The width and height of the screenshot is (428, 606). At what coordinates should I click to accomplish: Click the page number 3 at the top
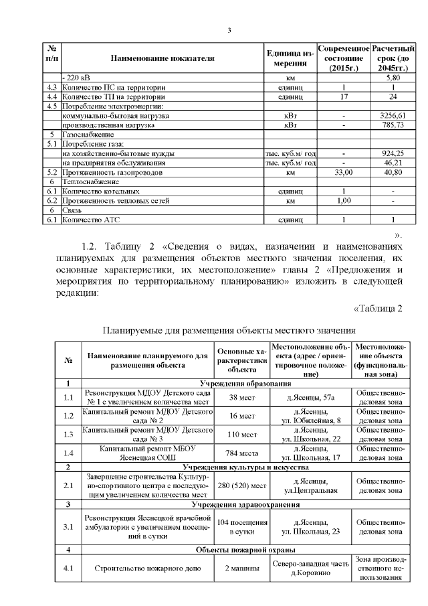229,30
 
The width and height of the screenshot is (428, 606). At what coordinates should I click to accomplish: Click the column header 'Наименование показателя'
163,58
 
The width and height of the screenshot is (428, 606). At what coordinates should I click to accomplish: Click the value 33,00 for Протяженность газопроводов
343,172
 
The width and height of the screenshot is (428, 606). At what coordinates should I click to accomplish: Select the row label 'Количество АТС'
90,219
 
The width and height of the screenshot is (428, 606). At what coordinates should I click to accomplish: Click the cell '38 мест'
242,397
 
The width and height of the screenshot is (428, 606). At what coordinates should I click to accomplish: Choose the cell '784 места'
242,453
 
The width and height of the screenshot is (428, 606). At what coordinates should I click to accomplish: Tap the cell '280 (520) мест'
242,485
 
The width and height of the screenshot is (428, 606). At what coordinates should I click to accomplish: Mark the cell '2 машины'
242,569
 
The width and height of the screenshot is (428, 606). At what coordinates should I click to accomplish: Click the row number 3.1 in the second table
68,527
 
